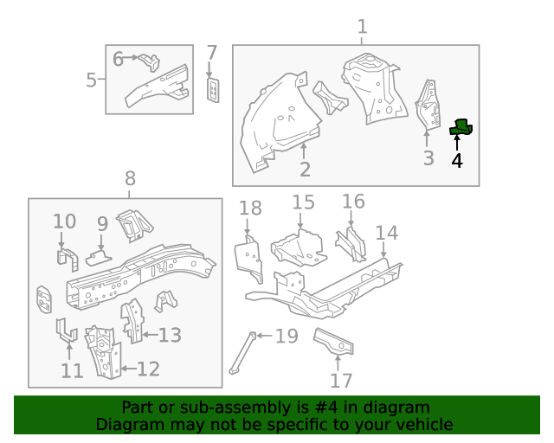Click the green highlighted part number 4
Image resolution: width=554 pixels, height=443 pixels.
click(x=462, y=128)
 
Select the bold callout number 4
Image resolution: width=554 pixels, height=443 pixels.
click(x=456, y=160)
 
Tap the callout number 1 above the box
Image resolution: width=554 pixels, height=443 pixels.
click(x=363, y=26)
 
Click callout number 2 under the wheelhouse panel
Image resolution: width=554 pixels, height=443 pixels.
click(x=305, y=170)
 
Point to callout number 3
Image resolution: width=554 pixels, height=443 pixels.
click(x=428, y=158)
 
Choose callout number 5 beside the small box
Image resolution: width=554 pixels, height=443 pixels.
click(x=91, y=80)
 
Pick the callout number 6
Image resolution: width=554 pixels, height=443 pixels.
click(x=119, y=59)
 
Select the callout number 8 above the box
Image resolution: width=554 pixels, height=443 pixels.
click(x=130, y=179)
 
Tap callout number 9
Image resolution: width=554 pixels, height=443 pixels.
click(x=102, y=224)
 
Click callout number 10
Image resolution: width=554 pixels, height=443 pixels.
click(x=65, y=221)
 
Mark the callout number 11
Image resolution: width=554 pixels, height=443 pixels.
click(x=72, y=371)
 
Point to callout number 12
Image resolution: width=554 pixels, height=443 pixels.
click(x=148, y=369)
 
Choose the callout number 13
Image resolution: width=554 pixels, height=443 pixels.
click(x=170, y=334)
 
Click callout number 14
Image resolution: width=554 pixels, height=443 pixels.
click(x=386, y=233)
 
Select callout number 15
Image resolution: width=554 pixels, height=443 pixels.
click(x=303, y=202)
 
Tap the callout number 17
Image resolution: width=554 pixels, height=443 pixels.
click(x=341, y=381)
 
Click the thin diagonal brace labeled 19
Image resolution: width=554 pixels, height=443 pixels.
click(x=242, y=355)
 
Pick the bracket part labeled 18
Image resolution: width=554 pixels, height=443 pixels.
click(x=249, y=258)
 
